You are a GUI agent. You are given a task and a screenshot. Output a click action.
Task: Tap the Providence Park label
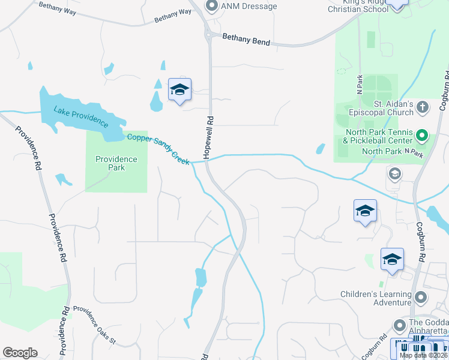pos(116,163)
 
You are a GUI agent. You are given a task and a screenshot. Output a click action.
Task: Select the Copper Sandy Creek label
pos(158,149)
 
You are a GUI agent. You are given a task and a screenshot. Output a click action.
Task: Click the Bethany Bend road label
pos(246,40)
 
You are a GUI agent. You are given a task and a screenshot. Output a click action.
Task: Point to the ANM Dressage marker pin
pos(211,6)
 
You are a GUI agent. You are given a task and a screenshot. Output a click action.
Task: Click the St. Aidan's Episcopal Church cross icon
pos(423,107)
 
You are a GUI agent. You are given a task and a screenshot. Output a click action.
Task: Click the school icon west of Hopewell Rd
pos(179,90)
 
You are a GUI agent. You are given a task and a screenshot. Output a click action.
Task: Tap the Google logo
pos(20,353)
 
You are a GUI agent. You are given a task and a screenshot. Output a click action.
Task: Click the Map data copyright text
pos(423,355)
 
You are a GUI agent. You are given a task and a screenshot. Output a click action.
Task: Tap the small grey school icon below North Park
pos(394,174)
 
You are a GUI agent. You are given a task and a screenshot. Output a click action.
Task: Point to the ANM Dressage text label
pos(249,6)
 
